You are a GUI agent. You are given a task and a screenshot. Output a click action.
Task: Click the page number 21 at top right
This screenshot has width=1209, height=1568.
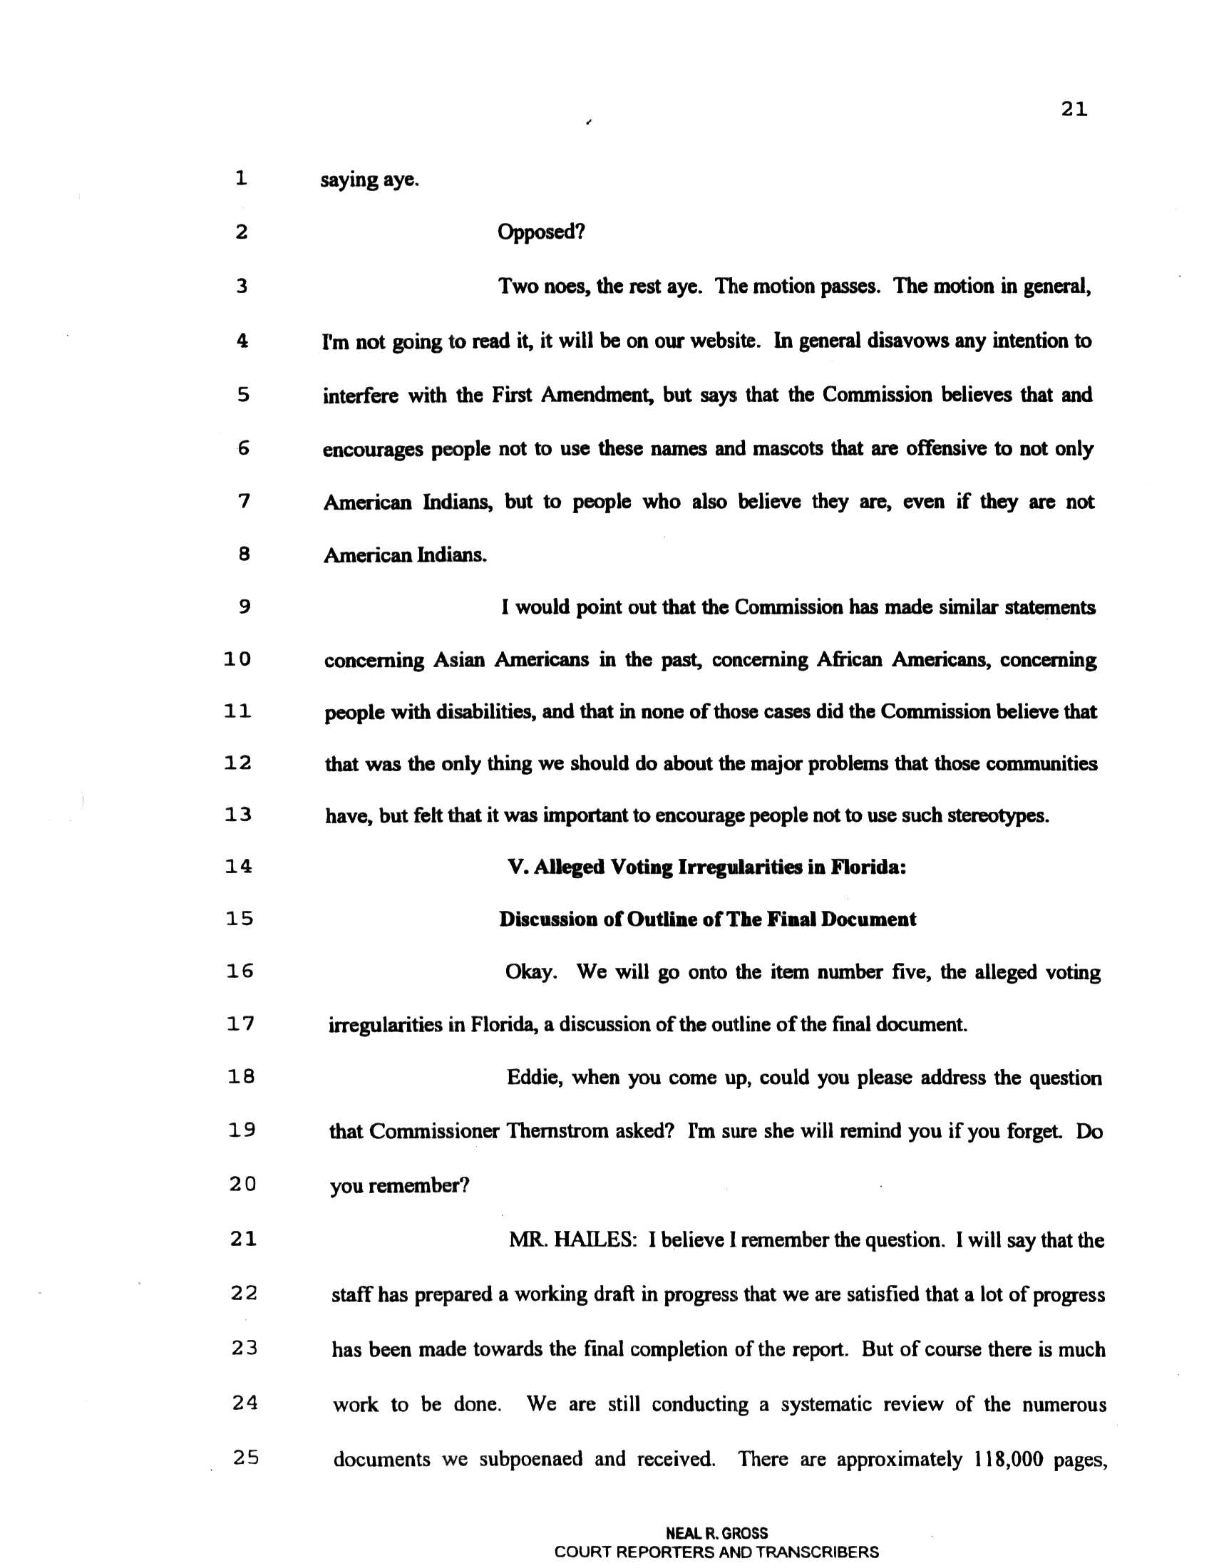click(x=1074, y=110)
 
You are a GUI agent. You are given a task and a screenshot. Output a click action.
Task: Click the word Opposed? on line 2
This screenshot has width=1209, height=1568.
click(x=541, y=232)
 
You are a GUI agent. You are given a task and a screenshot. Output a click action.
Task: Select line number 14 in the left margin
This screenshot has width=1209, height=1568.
click(x=238, y=867)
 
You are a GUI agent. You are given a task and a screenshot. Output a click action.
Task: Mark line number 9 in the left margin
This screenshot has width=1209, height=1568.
click(x=243, y=607)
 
